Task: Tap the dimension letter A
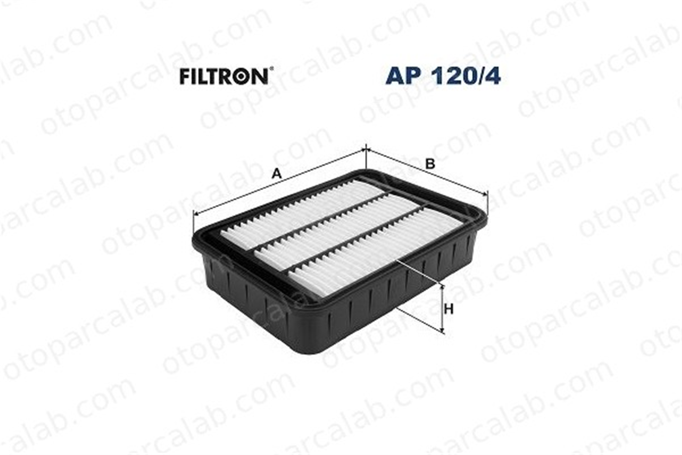coord(277,174)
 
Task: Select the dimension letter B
coord(430,164)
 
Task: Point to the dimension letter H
coord(449,309)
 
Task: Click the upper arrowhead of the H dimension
coord(442,288)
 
